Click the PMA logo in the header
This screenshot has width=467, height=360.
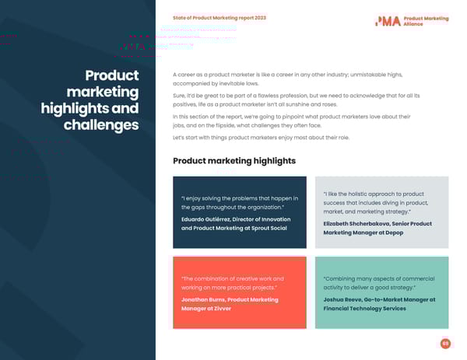click(x=388, y=21)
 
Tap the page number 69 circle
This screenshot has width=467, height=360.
click(x=445, y=343)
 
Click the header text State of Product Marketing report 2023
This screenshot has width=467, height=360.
click(x=219, y=18)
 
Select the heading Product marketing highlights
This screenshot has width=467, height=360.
click(x=234, y=161)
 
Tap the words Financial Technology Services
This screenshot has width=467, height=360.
click(x=364, y=309)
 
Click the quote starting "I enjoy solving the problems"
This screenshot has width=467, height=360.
click(x=239, y=203)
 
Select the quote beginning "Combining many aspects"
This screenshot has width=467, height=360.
click(x=378, y=283)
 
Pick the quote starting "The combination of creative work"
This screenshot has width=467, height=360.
click(x=232, y=283)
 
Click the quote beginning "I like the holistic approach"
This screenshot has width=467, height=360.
click(x=373, y=203)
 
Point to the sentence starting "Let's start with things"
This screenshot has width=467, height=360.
click(x=261, y=138)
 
